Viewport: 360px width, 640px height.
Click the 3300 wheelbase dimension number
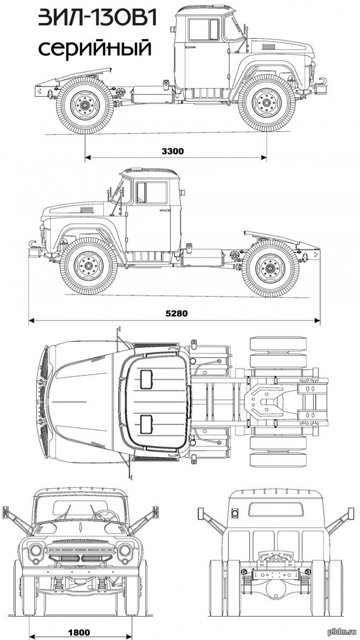point(172,151)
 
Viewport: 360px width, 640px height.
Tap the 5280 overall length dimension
point(176,313)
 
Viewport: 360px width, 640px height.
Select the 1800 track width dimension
point(79,632)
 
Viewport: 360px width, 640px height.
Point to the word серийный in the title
point(95,48)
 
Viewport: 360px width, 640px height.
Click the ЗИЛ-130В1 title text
point(98,19)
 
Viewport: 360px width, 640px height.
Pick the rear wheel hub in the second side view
point(270,269)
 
